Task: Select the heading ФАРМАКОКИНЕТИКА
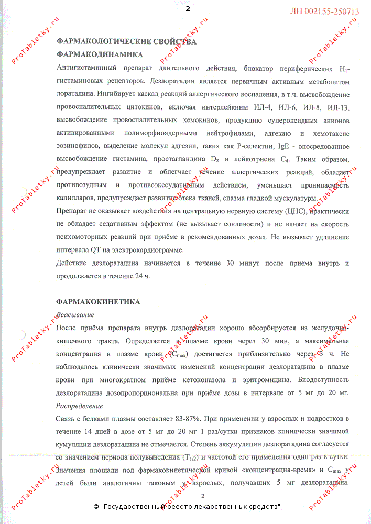point(98,302)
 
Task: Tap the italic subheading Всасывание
point(74,314)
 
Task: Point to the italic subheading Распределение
point(79,406)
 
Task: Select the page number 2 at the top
point(188,8)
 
